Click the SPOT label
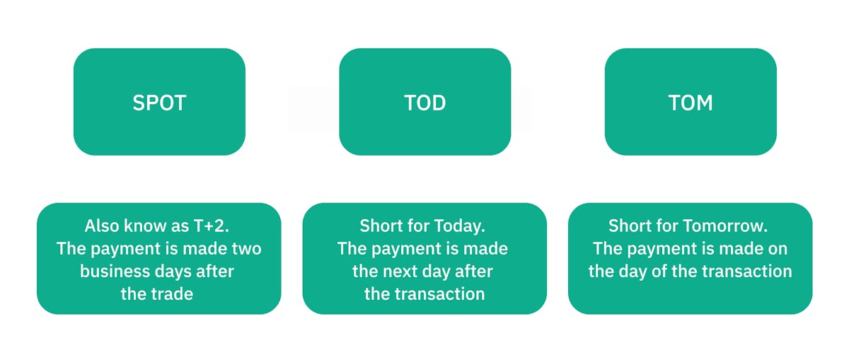tap(159, 103)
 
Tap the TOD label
tap(425, 103)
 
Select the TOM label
tap(691, 103)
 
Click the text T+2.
tap(212, 226)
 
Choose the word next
tap(400, 272)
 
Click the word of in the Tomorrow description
tap(659, 272)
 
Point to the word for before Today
tap(419, 226)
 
